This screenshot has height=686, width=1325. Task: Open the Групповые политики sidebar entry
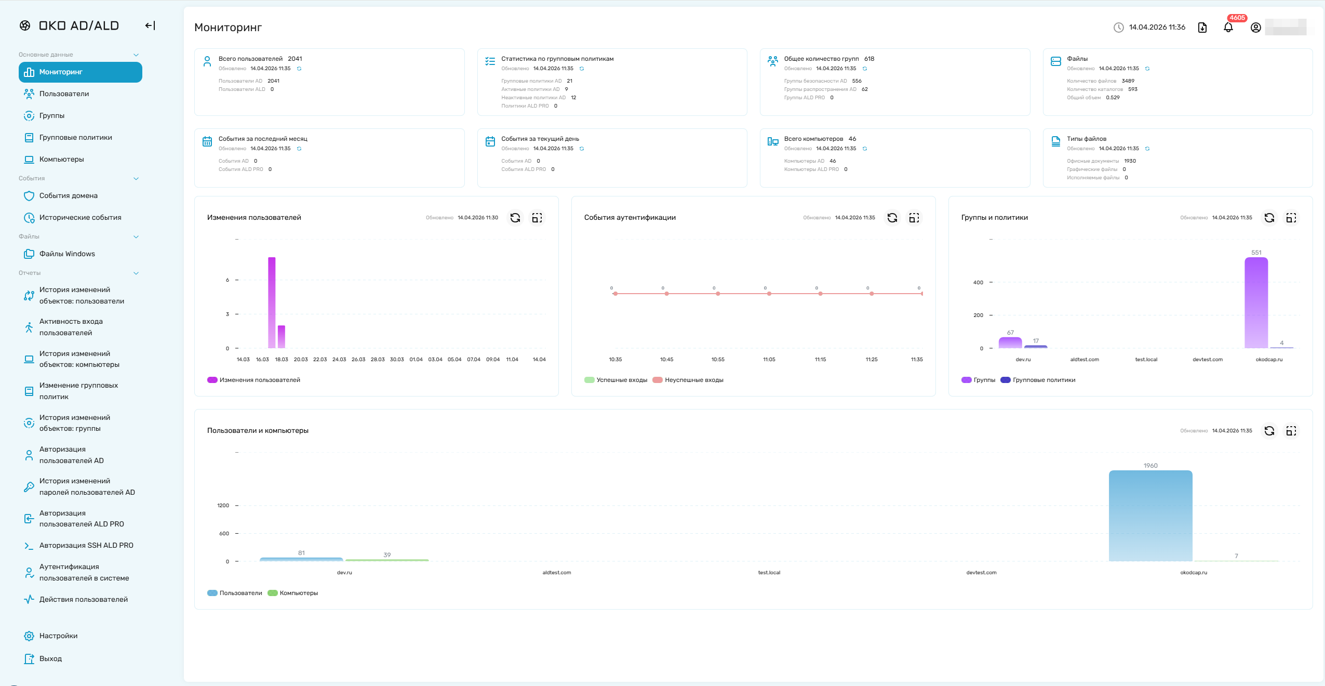click(75, 138)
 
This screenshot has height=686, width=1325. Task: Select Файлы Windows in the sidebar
click(67, 254)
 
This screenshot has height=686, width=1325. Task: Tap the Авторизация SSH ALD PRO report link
click(86, 546)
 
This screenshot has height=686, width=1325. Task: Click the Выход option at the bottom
click(50, 659)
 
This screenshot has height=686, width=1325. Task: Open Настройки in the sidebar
click(58, 636)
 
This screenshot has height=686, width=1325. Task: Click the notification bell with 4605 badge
click(1228, 27)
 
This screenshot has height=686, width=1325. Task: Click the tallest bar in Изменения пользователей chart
click(272, 302)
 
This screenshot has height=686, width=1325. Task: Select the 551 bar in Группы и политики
click(1256, 303)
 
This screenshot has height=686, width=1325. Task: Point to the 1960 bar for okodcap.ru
click(1150, 516)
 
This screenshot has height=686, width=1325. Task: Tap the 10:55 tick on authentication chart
click(718, 360)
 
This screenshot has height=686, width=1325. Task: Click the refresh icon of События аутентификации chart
click(892, 218)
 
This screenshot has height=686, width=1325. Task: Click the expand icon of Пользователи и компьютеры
click(1291, 431)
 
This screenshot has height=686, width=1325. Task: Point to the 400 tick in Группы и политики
click(978, 283)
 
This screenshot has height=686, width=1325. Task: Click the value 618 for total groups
click(869, 59)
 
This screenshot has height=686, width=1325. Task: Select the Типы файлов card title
click(1087, 139)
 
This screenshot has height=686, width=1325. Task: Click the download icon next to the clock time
click(1202, 28)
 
